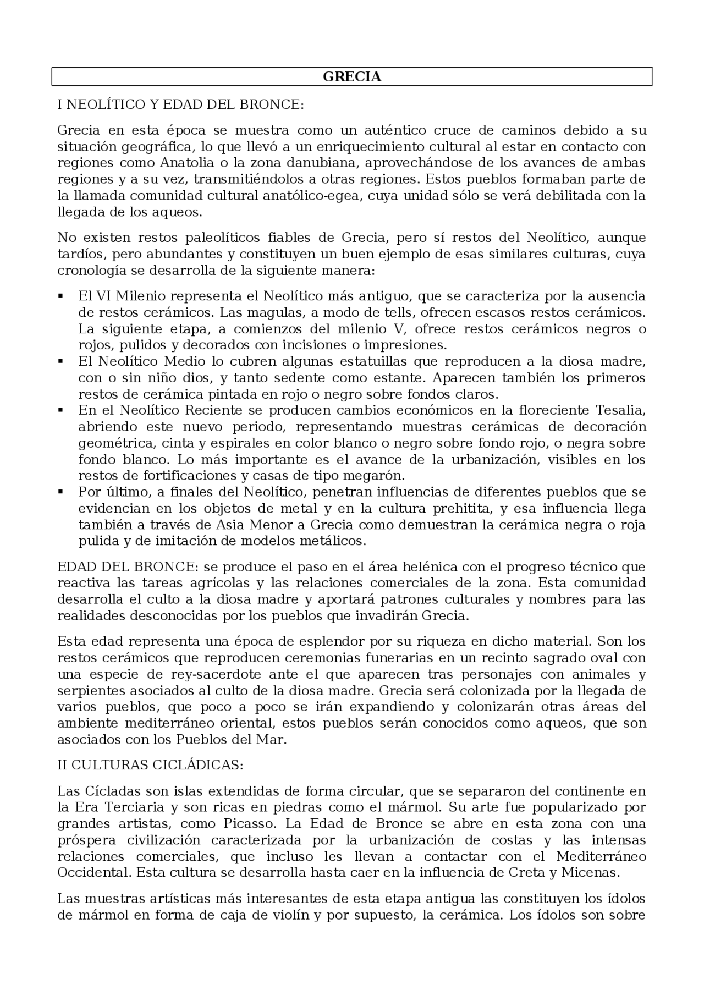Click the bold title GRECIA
[352, 77]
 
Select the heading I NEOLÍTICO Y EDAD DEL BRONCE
[180, 104]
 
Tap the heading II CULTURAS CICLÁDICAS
[150, 765]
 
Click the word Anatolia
[186, 163]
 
